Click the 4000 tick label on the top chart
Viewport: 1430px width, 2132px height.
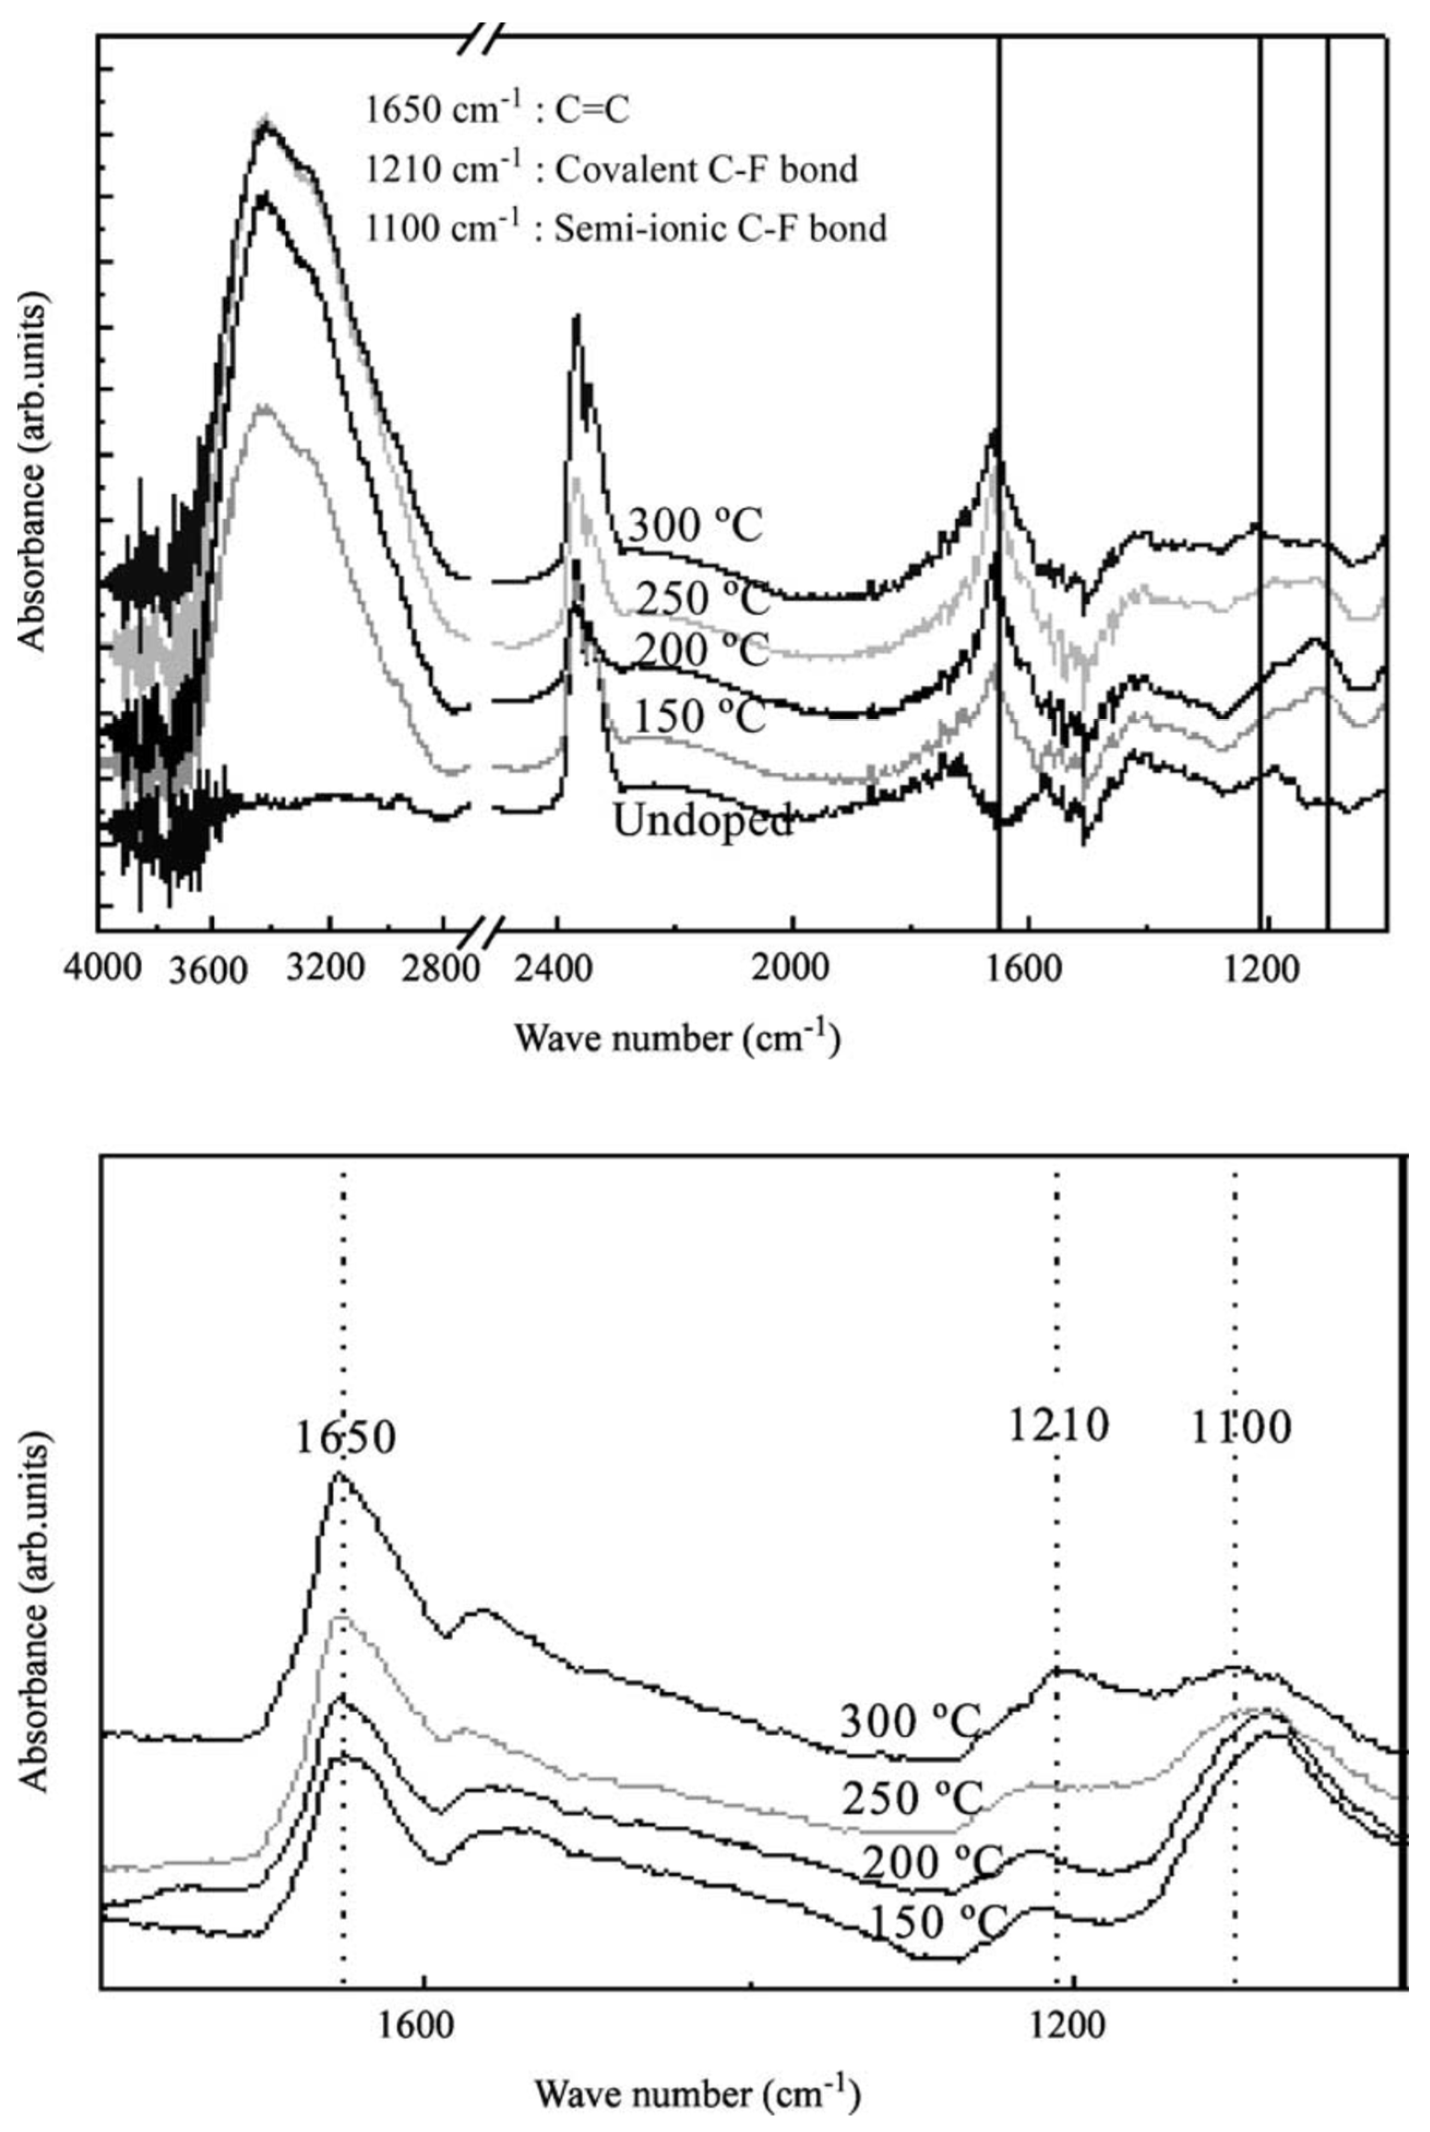tap(102, 966)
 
